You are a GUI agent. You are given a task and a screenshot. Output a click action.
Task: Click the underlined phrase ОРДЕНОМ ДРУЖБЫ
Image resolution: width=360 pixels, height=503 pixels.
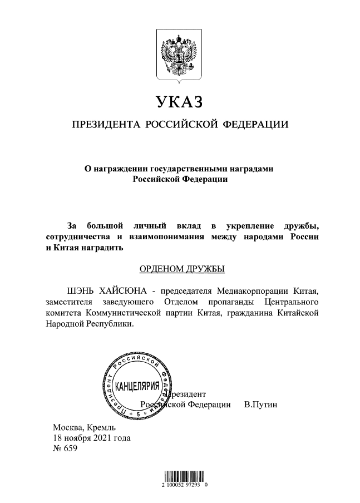point(181,270)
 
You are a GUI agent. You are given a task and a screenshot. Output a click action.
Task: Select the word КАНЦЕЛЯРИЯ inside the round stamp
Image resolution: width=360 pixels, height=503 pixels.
point(137,387)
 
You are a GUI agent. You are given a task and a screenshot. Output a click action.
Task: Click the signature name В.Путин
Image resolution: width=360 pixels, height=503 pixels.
point(261,405)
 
